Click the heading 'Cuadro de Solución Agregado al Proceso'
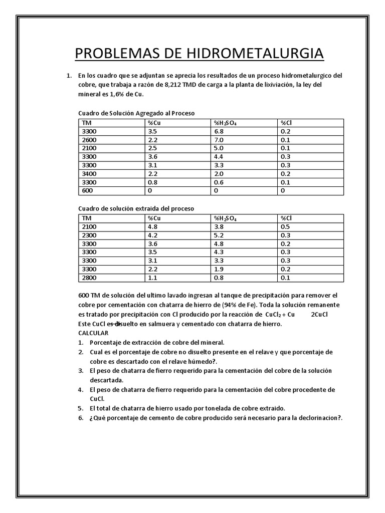point(136,113)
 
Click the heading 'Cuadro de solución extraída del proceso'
point(136,208)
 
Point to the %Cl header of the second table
point(286,218)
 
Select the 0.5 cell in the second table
point(285,226)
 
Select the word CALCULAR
point(93,333)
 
